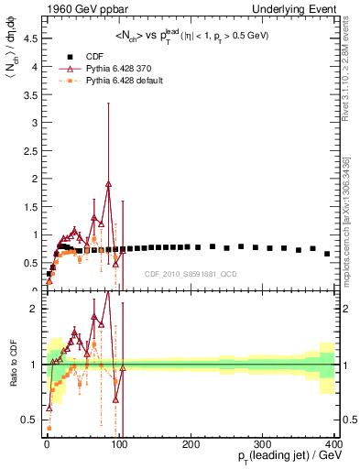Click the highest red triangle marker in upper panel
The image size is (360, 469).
tap(108, 184)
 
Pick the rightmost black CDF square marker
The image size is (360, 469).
tap(327, 254)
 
